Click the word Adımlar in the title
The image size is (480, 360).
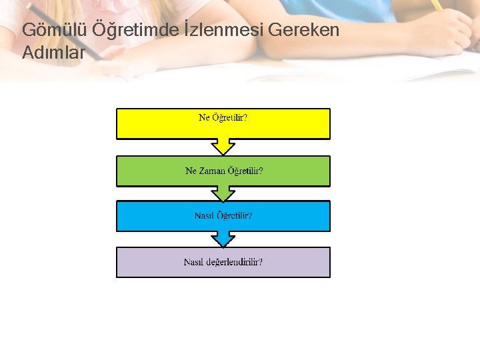53,53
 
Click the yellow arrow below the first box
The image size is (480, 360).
223,146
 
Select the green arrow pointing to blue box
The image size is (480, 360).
223,193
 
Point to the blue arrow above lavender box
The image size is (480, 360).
223,239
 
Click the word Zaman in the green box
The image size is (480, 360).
211,171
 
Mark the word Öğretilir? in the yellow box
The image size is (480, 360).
230,118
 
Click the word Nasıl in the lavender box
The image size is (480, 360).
193,262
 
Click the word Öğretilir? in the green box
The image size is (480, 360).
245,171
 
